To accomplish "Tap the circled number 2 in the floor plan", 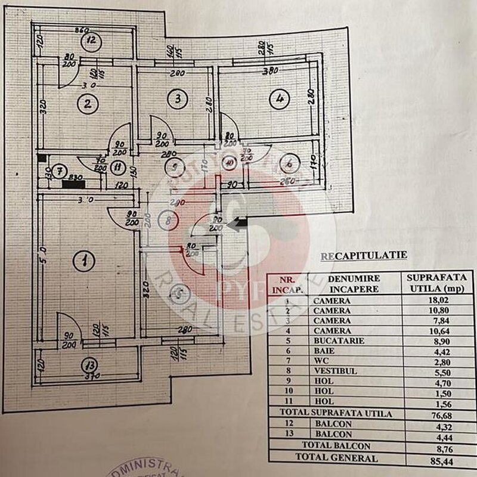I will (88, 104).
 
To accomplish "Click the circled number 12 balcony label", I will (91, 41).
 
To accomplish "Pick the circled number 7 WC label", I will (58, 172).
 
